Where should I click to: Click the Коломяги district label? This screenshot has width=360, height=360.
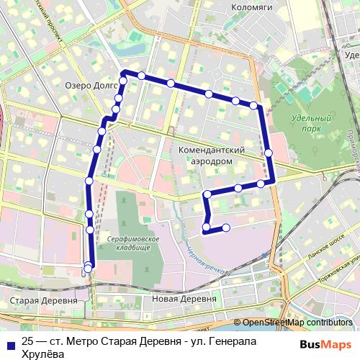250,9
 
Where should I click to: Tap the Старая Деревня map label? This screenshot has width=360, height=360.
45,300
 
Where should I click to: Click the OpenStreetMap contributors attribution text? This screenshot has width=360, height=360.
297,323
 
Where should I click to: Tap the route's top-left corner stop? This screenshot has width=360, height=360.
124,73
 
